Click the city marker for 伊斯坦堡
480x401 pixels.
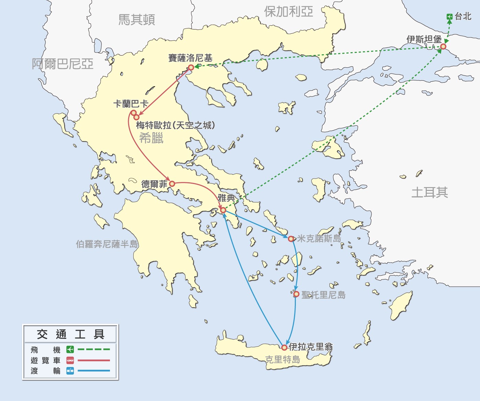[443, 46]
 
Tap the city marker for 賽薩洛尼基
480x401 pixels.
[191, 68]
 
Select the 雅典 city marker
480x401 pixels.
[223, 210]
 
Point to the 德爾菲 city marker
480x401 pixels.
[172, 184]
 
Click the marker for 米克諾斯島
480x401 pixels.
[291, 239]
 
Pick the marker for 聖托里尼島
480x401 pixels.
[296, 294]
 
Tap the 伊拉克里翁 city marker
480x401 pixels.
[284, 347]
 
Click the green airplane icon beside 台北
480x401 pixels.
[449, 16]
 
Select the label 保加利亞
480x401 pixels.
[288, 12]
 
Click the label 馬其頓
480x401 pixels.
[136, 20]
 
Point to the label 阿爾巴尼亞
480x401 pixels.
[63, 64]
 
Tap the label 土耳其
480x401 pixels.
[429, 192]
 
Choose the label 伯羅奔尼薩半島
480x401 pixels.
[107, 244]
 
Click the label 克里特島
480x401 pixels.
[283, 359]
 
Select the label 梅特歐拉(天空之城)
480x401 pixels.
[175, 125]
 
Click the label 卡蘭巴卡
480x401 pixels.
[131, 104]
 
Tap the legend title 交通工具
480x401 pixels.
[70, 334]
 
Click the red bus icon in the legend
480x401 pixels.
[70, 360]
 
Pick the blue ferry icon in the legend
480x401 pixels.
[70, 371]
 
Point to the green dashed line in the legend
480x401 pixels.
[94, 350]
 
